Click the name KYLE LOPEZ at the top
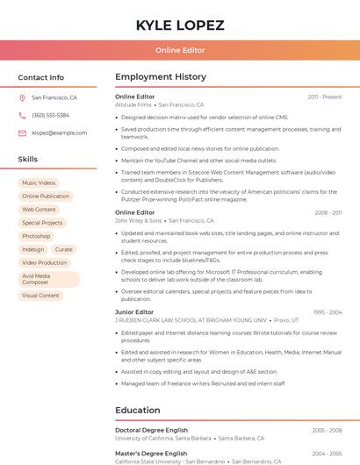pyautogui.click(x=180, y=25)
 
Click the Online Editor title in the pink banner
pyautogui.click(x=180, y=51)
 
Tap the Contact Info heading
pyautogui.click(x=41, y=77)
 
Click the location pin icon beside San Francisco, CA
pyautogui.click(x=22, y=98)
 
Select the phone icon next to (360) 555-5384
pyautogui.click(x=22, y=116)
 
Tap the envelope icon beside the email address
pyautogui.click(x=22, y=133)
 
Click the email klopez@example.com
pyautogui.click(x=59, y=133)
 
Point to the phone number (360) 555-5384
pyautogui.click(x=50, y=116)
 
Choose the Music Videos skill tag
pyautogui.click(x=39, y=183)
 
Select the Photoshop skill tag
pyautogui.click(x=36, y=236)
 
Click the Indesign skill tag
pyautogui.click(x=33, y=249)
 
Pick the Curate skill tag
pyautogui.click(x=64, y=249)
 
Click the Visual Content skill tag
pyautogui.click(x=40, y=296)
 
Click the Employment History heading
pyautogui.click(x=161, y=77)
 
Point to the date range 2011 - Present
pyautogui.click(x=325, y=97)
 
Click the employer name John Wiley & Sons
pyautogui.click(x=139, y=221)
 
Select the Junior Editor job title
pyautogui.click(x=134, y=312)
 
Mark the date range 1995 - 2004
pyautogui.click(x=328, y=312)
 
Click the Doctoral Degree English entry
pyautogui.click(x=151, y=430)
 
